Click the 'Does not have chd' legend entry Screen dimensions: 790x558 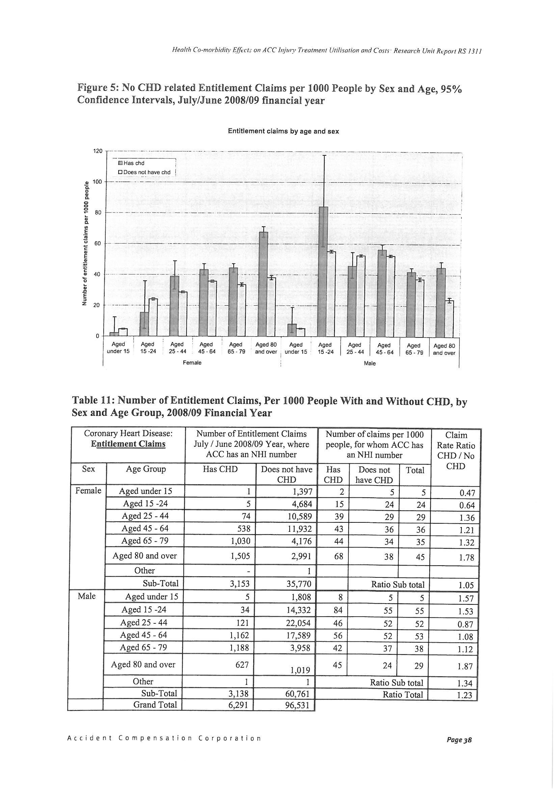point(144,172)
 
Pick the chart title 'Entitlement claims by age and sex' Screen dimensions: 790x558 point(283,131)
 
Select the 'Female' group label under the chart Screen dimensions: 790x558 point(192,363)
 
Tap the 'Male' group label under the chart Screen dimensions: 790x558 point(370,363)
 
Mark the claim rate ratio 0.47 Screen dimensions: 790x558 point(467,493)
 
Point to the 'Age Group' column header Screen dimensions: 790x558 point(146,469)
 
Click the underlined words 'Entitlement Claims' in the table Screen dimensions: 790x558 point(128,444)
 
